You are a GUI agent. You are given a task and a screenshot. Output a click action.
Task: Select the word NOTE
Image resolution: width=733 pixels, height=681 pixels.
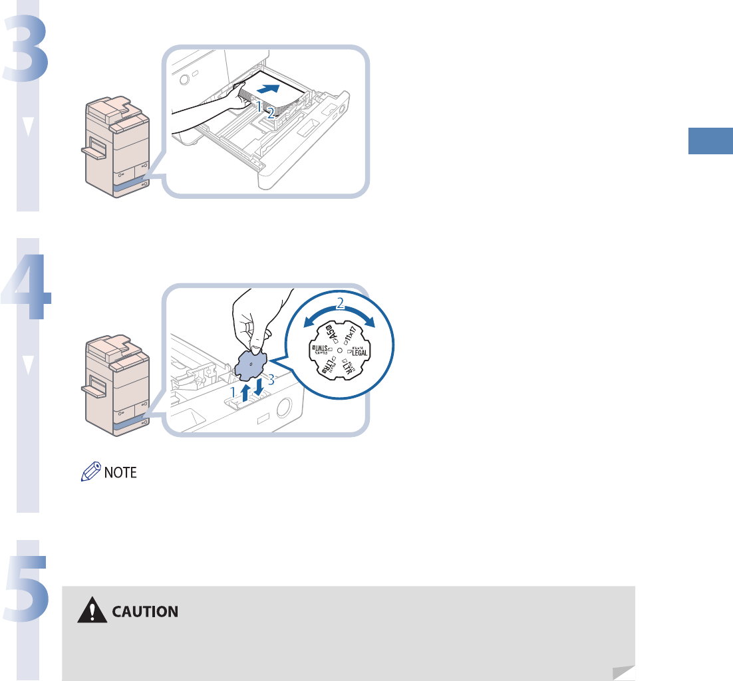pyautogui.click(x=120, y=474)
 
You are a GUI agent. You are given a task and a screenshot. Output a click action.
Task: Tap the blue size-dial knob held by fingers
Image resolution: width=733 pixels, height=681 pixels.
pyautogui.click(x=251, y=363)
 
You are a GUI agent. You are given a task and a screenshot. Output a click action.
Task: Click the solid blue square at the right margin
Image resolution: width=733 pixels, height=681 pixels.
pyautogui.click(x=710, y=142)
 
